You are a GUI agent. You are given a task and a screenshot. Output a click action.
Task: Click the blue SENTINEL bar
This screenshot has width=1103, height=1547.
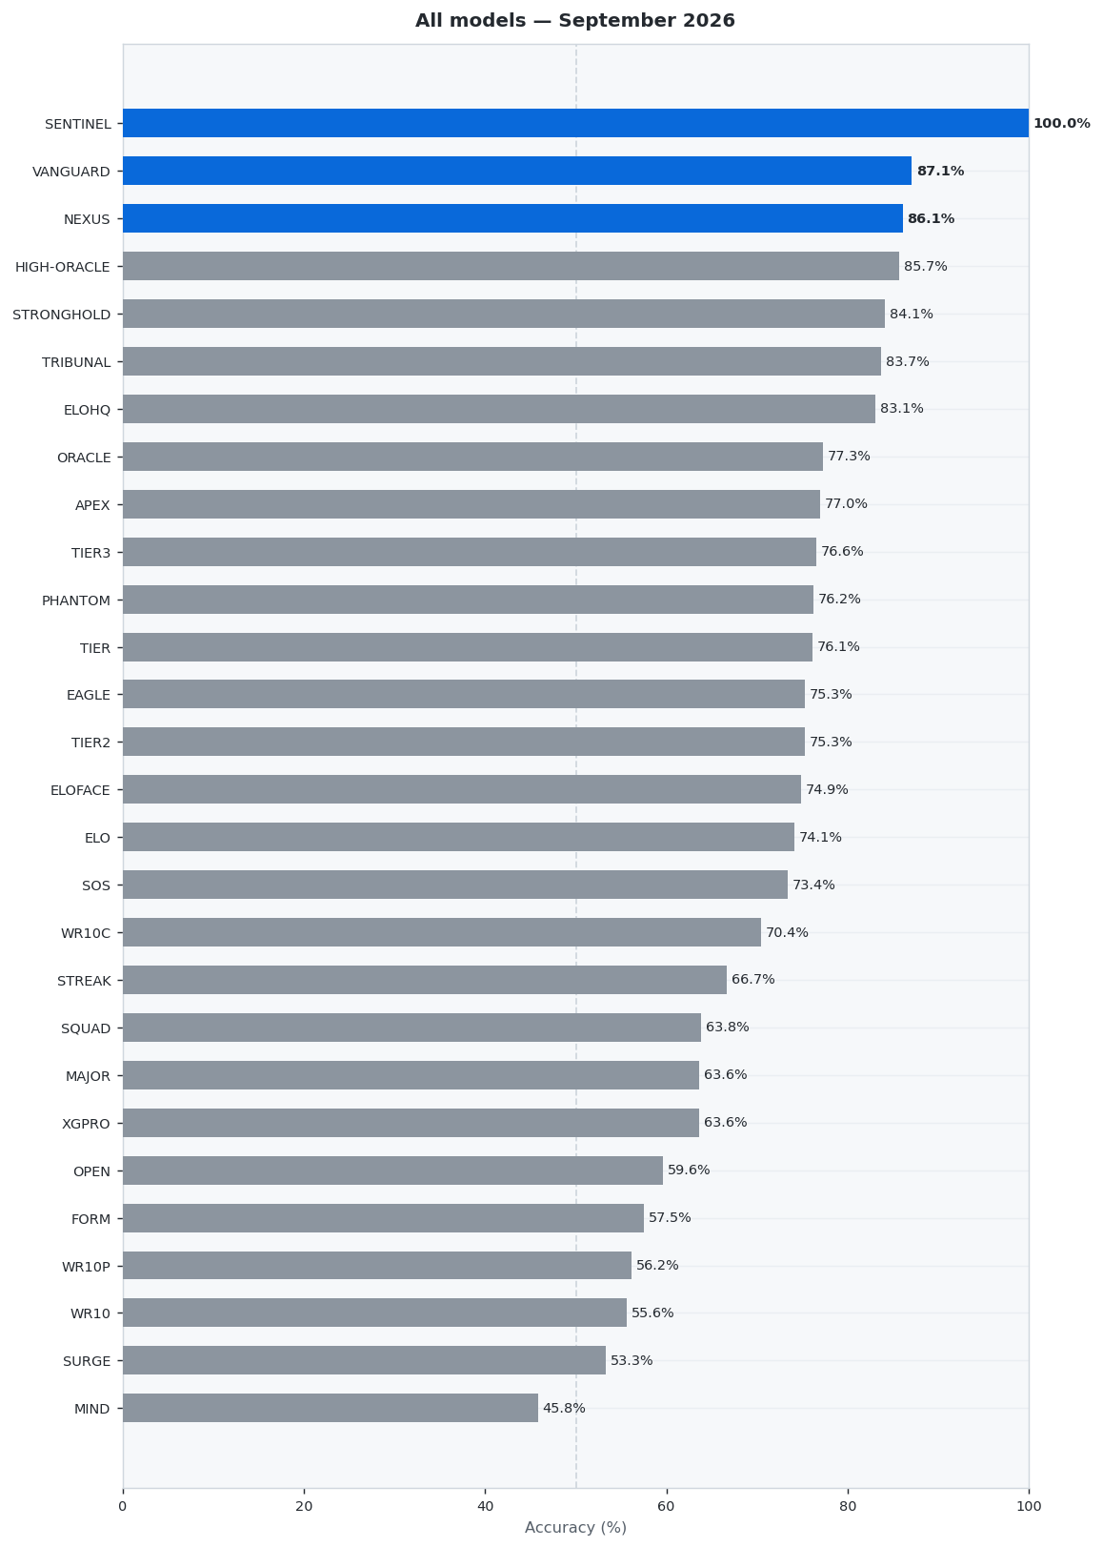point(575,123)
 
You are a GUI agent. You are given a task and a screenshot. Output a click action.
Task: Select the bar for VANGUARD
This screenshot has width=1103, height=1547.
point(517,171)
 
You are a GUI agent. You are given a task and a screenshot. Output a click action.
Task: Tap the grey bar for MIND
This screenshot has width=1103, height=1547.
point(331,1408)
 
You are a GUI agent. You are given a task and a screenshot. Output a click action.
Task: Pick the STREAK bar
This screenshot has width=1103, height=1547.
point(425,979)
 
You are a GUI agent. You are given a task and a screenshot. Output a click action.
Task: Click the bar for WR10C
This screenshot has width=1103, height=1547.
point(442,931)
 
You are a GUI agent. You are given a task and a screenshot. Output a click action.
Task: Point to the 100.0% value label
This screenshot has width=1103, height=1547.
point(1062,123)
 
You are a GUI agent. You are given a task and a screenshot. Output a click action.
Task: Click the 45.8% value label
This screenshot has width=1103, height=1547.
point(564,1408)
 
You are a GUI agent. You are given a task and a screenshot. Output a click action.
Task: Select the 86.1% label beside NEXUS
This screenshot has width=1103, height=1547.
point(932,218)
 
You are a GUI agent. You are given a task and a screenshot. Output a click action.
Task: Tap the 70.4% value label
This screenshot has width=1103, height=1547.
point(787,931)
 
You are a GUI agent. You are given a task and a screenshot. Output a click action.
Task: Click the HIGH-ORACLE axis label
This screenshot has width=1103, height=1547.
point(62,267)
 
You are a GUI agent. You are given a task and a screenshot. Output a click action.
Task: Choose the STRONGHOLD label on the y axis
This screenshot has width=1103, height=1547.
point(61,315)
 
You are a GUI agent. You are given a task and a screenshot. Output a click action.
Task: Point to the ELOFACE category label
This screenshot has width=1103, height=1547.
point(80,790)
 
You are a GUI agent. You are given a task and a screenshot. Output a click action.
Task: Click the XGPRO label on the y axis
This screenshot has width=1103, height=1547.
point(86,1124)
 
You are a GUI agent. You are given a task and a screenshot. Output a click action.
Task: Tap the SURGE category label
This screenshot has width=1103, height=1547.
point(87,1360)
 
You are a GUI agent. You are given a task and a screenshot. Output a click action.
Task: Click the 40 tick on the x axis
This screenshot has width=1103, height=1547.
point(485,1506)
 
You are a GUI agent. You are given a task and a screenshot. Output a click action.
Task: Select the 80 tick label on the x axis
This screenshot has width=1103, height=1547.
point(848,1506)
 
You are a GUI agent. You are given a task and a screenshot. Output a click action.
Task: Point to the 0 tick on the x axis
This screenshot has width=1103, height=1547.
point(123,1506)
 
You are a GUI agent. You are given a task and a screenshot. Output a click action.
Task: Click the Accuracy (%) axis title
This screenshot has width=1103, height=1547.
point(575,1528)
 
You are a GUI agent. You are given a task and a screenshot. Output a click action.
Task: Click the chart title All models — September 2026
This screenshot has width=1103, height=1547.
point(575,20)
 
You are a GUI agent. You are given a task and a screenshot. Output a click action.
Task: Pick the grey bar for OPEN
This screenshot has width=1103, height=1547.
point(392,1170)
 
